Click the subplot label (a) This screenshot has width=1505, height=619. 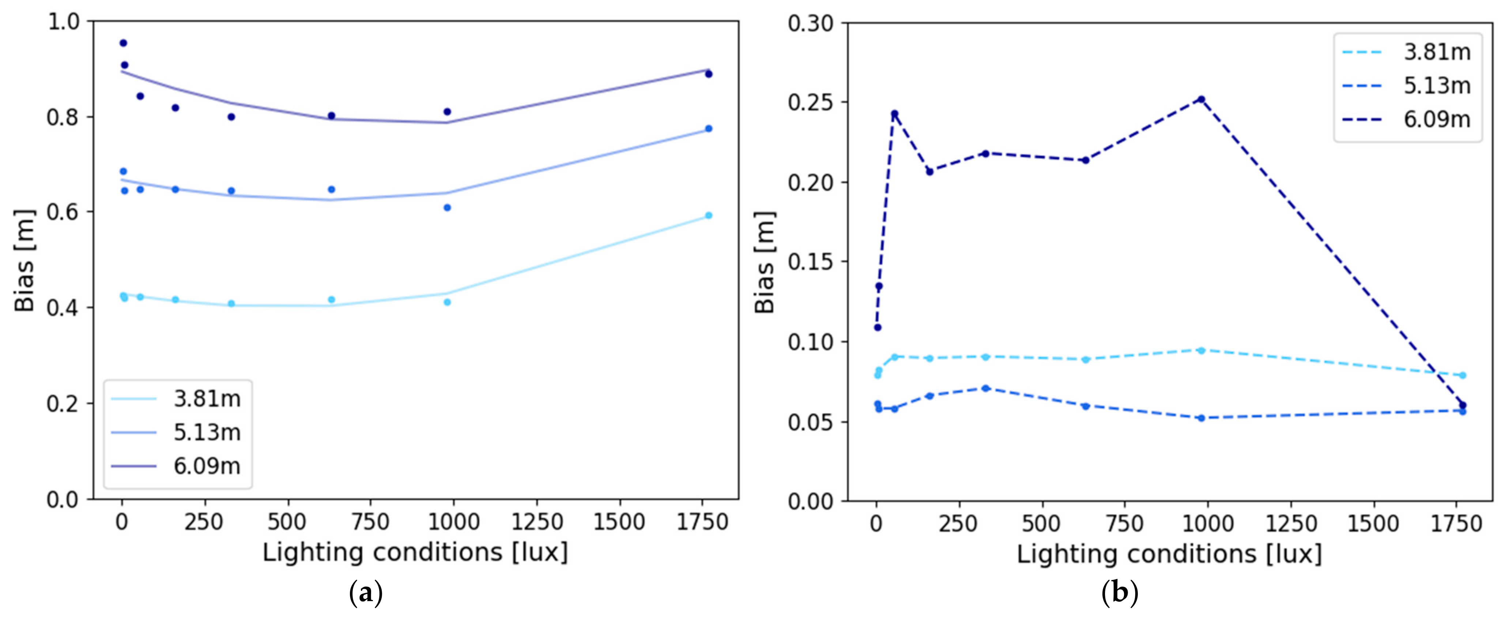click(x=365, y=594)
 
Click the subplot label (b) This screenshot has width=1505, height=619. click(x=1119, y=594)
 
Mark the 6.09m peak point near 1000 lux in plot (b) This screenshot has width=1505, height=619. click(x=1201, y=100)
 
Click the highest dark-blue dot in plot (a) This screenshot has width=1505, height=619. click(x=123, y=43)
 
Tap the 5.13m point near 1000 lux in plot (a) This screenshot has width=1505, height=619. click(x=448, y=207)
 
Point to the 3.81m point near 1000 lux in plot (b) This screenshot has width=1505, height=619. click(x=1201, y=350)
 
